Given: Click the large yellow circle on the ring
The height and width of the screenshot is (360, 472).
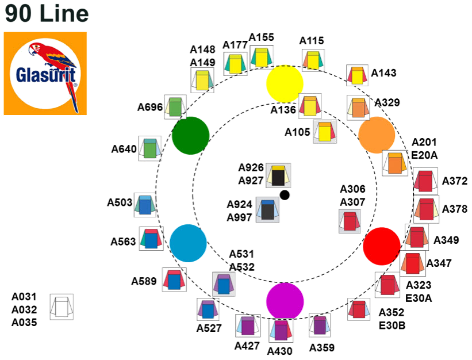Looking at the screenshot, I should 285,84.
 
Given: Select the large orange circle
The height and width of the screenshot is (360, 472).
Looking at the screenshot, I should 377,135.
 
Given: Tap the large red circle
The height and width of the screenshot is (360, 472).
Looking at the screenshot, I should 382,246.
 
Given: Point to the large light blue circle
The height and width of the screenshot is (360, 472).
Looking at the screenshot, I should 188,243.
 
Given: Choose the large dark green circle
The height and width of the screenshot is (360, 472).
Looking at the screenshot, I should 191,136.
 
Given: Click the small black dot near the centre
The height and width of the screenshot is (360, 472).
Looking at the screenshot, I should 285,195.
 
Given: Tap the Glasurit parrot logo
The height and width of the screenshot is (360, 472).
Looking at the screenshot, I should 45,73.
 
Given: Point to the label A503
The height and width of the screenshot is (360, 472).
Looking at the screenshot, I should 120,202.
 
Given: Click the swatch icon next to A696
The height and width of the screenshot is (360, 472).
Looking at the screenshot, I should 175,107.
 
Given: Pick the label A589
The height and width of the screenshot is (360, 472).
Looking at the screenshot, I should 144,281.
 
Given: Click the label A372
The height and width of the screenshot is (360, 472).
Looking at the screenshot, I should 455,181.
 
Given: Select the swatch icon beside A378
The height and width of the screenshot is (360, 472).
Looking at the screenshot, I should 426,208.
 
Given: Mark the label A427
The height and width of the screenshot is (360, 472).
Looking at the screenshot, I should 247,346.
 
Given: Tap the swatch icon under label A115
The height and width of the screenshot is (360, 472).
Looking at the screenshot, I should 312,60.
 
